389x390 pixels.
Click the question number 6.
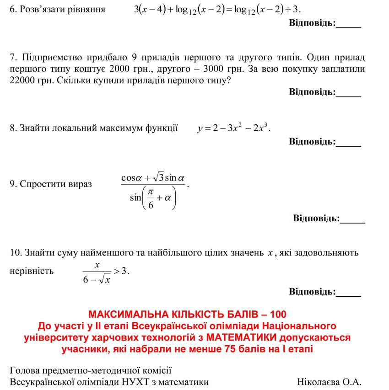click(x=12, y=9)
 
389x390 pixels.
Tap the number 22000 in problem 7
click(x=22, y=80)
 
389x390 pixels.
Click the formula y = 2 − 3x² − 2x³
click(x=234, y=128)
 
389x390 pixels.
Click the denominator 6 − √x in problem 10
click(x=97, y=279)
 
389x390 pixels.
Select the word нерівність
click(x=32, y=271)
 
